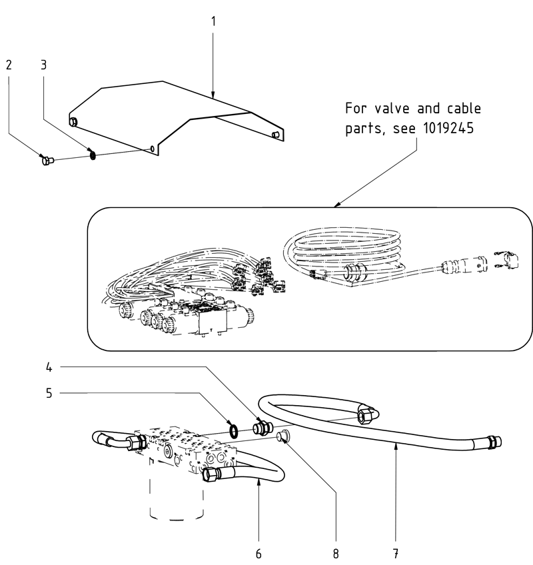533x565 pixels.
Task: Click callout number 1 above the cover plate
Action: click(x=213, y=21)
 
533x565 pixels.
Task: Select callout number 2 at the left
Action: click(x=9, y=65)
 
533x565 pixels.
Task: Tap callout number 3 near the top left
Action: click(x=43, y=65)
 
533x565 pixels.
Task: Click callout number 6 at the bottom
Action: click(x=259, y=553)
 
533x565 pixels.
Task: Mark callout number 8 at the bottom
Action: click(x=336, y=553)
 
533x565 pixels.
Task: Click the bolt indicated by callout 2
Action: click(x=47, y=160)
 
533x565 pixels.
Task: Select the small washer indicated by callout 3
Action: click(x=93, y=155)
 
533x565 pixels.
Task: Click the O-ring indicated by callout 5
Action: click(x=234, y=431)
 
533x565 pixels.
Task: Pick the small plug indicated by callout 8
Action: click(x=281, y=436)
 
